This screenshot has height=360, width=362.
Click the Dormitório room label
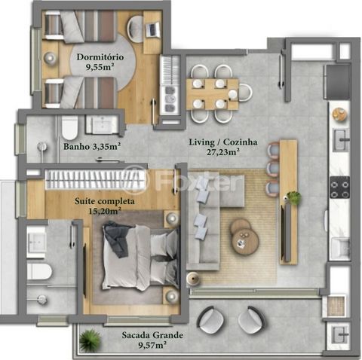tap(100, 57)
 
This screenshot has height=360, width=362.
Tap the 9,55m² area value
tap(100, 67)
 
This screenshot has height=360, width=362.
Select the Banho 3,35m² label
tap(92, 146)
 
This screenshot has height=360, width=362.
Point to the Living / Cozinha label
tap(223, 142)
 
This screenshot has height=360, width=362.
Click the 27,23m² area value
tap(222, 152)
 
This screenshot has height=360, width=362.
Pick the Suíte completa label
tap(105, 201)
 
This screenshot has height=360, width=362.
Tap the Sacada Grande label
tap(152, 335)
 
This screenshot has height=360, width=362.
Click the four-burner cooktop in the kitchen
tap(340, 188)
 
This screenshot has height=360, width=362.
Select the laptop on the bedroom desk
tap(152, 29)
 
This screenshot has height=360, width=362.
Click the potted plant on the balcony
tap(90, 340)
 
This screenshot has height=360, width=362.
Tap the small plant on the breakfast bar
tap(293, 197)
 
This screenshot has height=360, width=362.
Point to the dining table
tap(213, 94)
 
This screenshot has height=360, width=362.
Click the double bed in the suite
tap(140, 258)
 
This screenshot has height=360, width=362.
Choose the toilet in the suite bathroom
tap(39, 271)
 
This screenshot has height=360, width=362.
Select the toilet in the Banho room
tap(69, 128)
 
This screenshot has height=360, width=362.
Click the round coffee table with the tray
tap(245, 242)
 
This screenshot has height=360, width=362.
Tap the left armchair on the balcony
tap(210, 319)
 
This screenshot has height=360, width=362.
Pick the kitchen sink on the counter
tap(341, 140)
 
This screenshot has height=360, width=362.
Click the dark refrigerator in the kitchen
tap(337, 82)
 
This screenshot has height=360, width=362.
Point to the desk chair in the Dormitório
tap(135, 29)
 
